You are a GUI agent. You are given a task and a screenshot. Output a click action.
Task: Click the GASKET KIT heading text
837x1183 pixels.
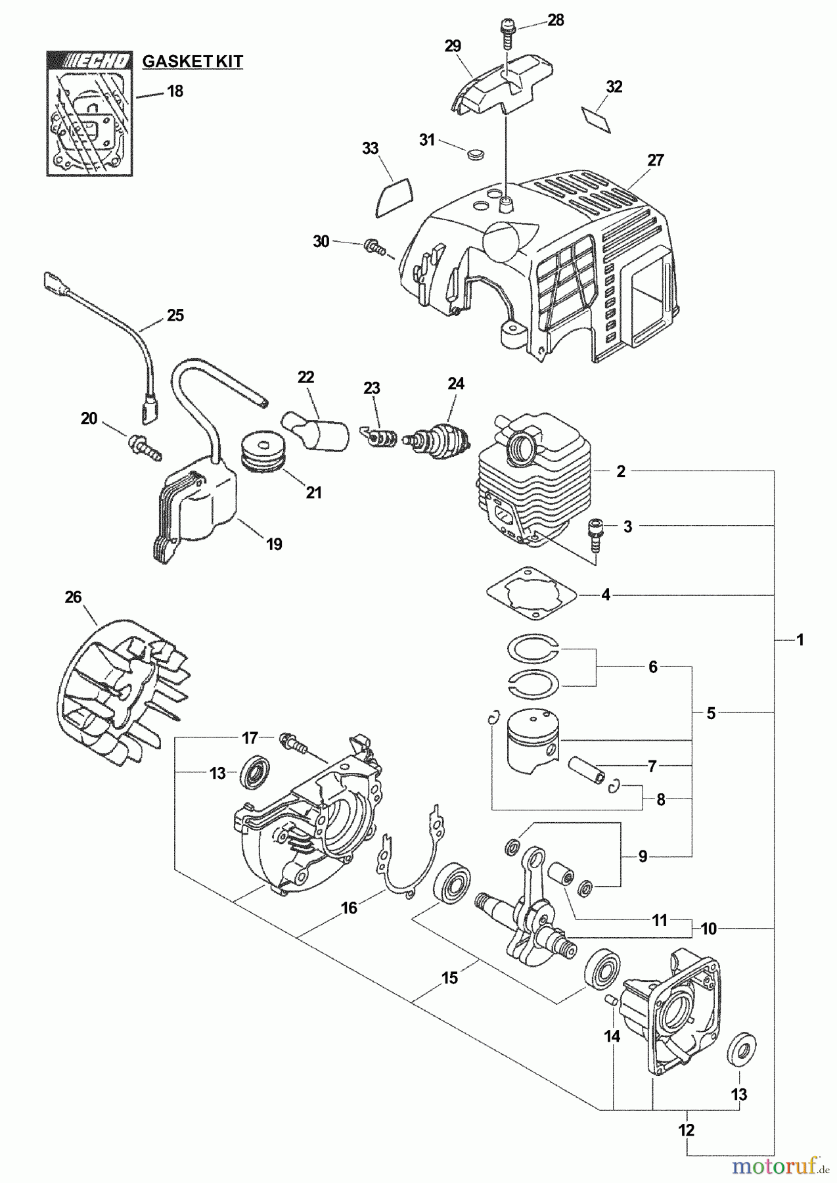click(192, 62)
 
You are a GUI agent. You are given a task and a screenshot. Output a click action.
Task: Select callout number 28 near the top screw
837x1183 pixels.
click(556, 20)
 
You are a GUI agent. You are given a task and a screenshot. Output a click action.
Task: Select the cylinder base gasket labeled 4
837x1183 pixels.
click(532, 593)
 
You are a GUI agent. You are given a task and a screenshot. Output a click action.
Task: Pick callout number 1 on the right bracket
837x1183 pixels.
click(800, 639)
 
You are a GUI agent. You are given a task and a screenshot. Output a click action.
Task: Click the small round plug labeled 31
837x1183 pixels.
click(474, 154)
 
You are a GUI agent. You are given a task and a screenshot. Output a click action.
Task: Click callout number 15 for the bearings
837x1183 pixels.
click(449, 979)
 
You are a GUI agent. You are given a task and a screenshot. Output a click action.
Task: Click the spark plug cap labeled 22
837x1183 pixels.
click(315, 427)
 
